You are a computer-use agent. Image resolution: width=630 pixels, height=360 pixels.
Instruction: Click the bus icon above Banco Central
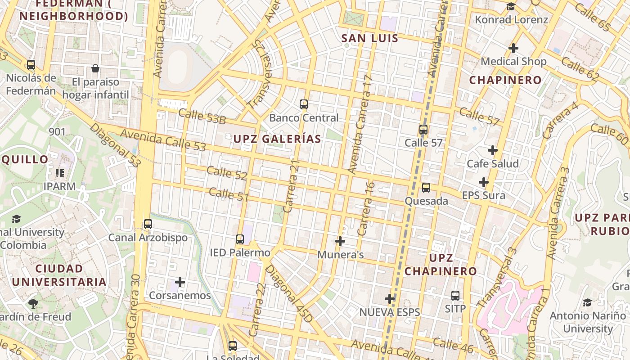pyautogui.click(x=304, y=104)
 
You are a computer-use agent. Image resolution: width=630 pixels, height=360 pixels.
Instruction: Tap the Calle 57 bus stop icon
pyautogui.click(x=423, y=130)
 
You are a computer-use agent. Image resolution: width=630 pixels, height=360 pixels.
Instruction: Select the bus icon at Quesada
pyautogui.click(x=426, y=188)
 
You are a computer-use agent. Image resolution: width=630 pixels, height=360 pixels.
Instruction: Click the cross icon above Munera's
pyautogui.click(x=340, y=241)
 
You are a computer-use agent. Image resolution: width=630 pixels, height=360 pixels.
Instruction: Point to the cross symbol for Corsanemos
pyautogui.click(x=180, y=282)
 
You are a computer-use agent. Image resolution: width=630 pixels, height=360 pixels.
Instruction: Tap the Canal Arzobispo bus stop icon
pyautogui.click(x=148, y=224)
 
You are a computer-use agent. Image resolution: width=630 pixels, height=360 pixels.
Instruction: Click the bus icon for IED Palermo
pyautogui.click(x=240, y=239)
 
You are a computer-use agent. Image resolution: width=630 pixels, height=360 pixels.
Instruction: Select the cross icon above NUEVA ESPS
pyautogui.click(x=390, y=298)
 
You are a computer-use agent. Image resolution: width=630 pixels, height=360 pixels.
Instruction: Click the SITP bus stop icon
pyautogui.click(x=455, y=296)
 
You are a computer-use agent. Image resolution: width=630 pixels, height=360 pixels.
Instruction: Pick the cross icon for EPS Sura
pyautogui.click(x=484, y=182)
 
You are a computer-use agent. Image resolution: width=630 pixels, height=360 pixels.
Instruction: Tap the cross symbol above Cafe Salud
pyautogui.click(x=493, y=150)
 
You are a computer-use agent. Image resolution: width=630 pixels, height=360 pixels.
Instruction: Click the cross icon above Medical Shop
pyautogui.click(x=513, y=48)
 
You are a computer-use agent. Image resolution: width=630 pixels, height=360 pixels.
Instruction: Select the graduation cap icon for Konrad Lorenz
pyautogui.click(x=511, y=6)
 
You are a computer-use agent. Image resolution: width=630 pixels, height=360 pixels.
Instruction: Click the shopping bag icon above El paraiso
pyautogui.click(x=95, y=68)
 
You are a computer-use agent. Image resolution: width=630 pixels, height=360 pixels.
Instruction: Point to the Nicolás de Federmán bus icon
pyautogui.click(x=31, y=65)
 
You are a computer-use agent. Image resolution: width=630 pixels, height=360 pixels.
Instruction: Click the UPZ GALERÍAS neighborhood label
pyautogui.click(x=277, y=139)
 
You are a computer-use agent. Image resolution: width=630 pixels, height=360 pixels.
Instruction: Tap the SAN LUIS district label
pyautogui.click(x=370, y=38)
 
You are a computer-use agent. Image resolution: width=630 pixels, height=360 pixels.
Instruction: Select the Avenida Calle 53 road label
pyautogui.click(x=163, y=140)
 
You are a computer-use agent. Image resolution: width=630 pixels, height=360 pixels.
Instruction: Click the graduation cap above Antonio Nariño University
pyautogui.click(x=587, y=302)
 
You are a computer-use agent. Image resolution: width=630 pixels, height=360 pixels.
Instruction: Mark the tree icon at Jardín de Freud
pyautogui.click(x=33, y=303)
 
